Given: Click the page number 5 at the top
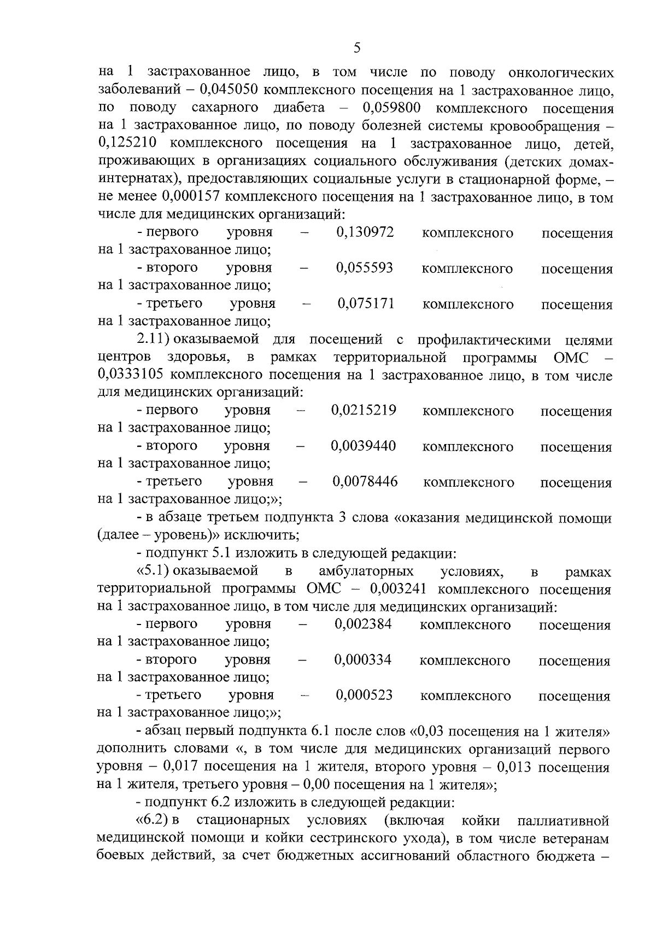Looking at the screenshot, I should pyautogui.click(x=356, y=48).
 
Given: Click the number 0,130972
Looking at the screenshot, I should pyautogui.click(x=365, y=232).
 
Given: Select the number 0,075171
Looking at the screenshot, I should pyautogui.click(x=366, y=304).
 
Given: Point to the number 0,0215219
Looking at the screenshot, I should pyautogui.click(x=364, y=410).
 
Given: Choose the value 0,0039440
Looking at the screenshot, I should pyautogui.click(x=363, y=446).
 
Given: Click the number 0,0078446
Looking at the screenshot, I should pyautogui.click(x=365, y=482).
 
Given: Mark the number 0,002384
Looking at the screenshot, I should pyautogui.click(x=363, y=624).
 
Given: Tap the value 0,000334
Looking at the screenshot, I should pyautogui.click(x=363, y=659).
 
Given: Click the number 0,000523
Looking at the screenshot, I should pyautogui.click(x=364, y=696).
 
